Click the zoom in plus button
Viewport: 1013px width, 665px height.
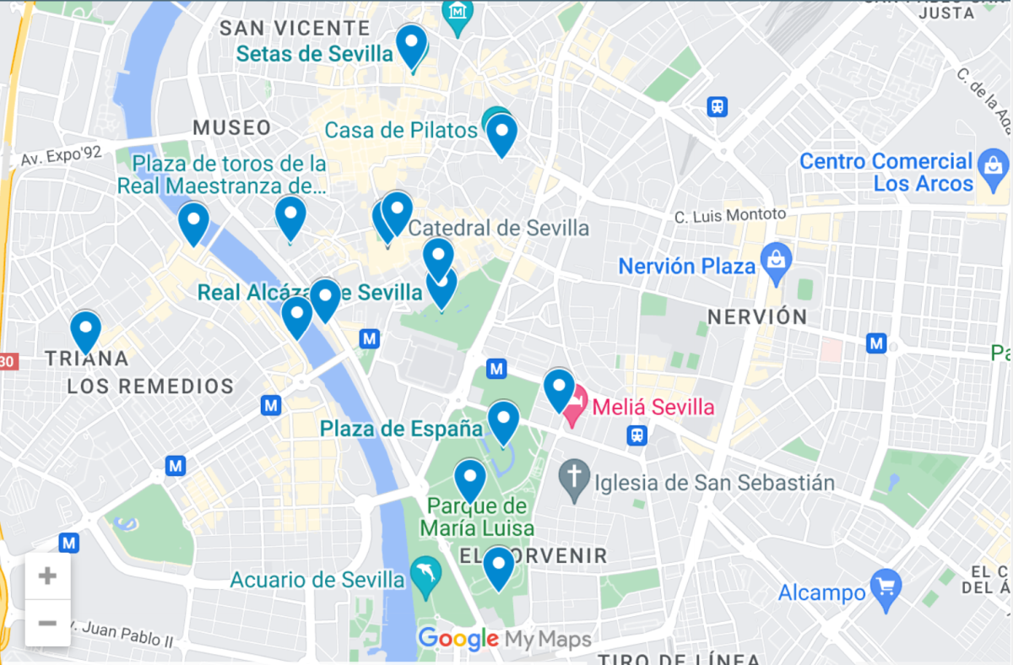coord(47,576)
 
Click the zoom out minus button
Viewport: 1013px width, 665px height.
coord(47,624)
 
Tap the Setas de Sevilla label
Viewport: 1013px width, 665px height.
coord(314,54)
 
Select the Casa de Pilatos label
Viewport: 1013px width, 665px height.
coord(401,131)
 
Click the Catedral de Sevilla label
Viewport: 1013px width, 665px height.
coord(498,228)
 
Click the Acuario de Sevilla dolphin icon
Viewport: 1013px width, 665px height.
coord(425,577)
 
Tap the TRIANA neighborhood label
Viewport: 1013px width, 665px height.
coord(87,359)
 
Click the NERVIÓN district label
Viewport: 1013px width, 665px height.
coord(756,317)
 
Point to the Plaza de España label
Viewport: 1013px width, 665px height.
coord(401,429)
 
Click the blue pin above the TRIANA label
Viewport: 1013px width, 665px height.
coord(85,330)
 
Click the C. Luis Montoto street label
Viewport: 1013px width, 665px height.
coord(729,216)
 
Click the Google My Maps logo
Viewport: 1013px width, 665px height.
coord(504,639)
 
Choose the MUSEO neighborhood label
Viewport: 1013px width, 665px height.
coord(232,128)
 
